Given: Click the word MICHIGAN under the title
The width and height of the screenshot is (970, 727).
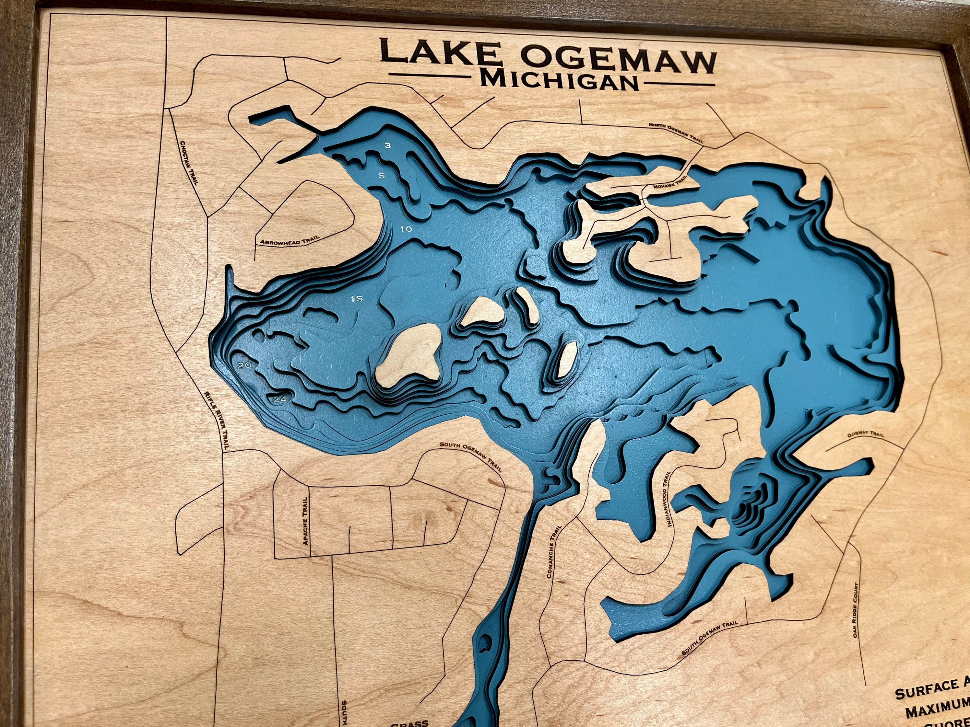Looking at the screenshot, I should tap(559, 82).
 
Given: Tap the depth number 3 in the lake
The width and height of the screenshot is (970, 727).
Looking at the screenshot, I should tap(388, 145).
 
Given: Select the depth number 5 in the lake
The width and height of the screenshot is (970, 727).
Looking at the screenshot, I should tap(382, 176).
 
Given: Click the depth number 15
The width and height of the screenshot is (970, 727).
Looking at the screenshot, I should tap(357, 299).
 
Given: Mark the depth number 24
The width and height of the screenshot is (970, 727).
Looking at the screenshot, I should tap(280, 399).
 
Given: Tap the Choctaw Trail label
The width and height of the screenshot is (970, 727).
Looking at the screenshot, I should tap(189, 162).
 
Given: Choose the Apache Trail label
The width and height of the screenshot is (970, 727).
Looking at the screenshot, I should tap(305, 520).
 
